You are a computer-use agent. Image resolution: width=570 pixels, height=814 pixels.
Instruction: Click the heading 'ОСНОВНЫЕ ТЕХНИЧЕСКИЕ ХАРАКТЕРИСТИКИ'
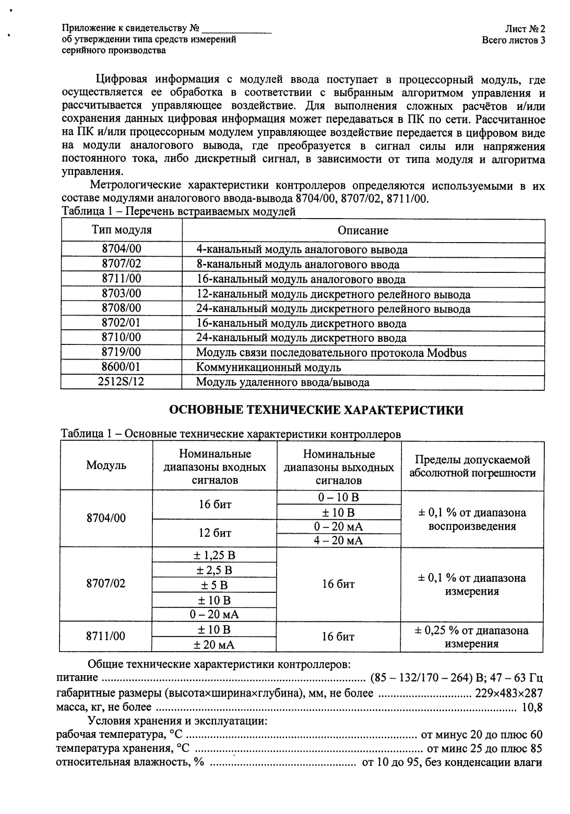tap(316, 410)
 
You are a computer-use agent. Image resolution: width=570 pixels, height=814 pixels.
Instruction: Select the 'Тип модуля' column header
tap(122, 230)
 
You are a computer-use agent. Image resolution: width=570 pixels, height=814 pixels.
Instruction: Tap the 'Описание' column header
tap(363, 231)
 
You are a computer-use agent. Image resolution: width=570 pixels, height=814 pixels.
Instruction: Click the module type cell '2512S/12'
tap(121, 381)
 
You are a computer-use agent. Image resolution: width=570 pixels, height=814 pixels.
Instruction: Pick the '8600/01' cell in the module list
tap(121, 367)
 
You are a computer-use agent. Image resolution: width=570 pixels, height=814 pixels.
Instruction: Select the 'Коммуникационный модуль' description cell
tap(268, 367)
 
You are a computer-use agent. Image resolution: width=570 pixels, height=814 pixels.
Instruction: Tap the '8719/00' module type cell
tap(121, 352)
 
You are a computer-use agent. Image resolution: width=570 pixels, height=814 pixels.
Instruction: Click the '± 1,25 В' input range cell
tap(214, 555)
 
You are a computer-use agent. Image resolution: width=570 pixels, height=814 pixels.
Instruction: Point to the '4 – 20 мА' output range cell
tap(338, 541)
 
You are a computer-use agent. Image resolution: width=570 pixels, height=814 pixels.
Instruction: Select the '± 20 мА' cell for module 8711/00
tap(214, 645)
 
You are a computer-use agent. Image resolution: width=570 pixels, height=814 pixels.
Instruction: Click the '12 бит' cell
tap(214, 533)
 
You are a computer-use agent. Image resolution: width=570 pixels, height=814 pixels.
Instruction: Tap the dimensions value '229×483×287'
tap(508, 693)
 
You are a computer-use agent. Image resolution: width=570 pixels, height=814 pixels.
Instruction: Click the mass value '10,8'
tap(532, 708)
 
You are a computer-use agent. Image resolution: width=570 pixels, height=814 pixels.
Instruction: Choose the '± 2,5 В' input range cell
tap(214, 570)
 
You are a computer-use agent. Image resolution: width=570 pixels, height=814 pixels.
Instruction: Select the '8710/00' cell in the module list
tap(121, 338)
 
